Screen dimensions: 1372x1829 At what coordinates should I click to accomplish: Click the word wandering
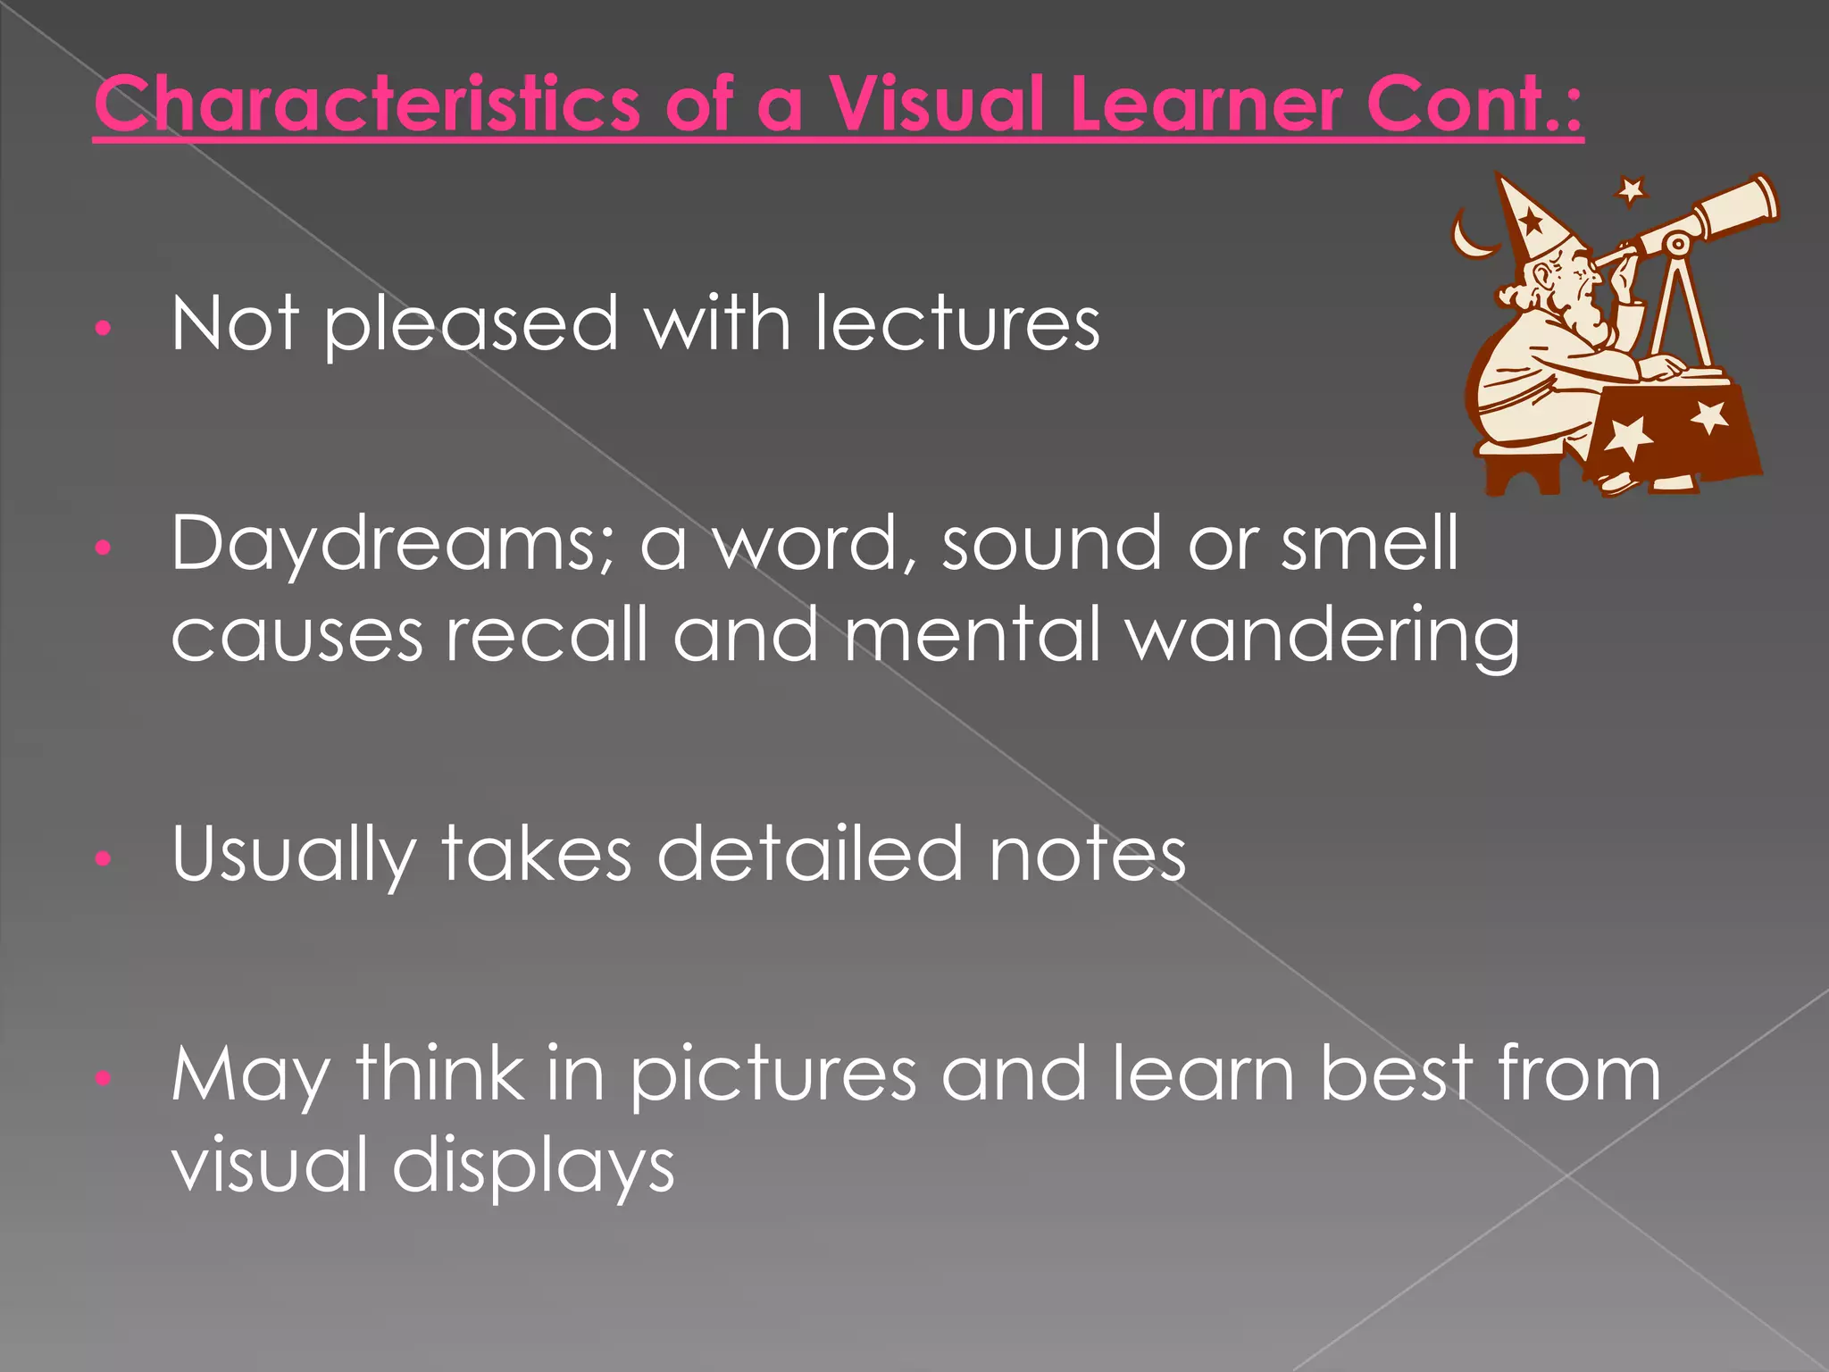pos(1322,636)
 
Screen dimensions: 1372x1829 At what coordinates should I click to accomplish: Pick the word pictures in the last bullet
pos(773,1075)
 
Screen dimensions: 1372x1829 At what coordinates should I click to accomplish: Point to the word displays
pos(533,1167)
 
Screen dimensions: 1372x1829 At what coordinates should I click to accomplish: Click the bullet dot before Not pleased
pos(104,328)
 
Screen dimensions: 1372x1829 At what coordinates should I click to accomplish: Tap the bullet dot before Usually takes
pos(104,859)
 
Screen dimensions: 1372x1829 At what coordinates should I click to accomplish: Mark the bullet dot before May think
pos(104,1079)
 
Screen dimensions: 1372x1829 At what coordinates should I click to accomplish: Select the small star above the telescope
pos(1631,189)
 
